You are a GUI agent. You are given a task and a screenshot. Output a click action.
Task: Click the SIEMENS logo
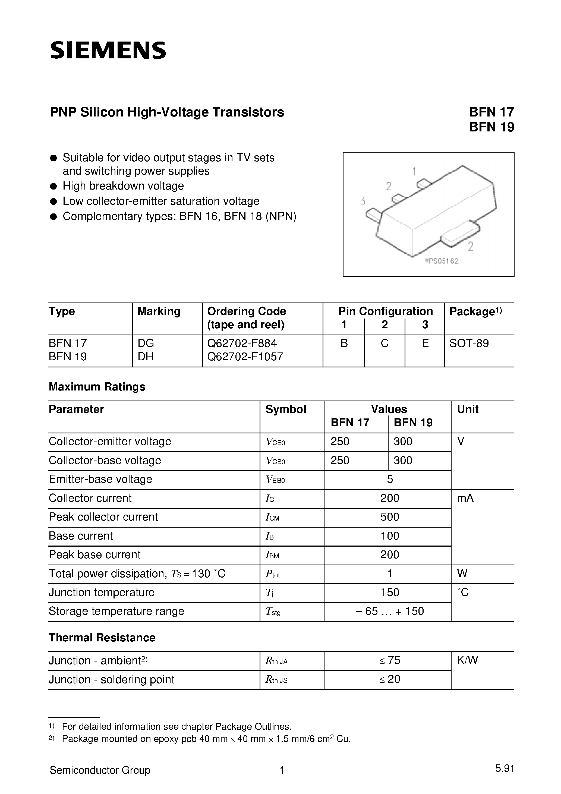click(108, 51)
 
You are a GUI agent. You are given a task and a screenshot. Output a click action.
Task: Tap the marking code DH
click(145, 357)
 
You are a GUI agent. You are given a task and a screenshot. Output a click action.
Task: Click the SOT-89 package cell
click(469, 344)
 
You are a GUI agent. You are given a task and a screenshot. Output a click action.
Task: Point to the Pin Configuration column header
click(385, 311)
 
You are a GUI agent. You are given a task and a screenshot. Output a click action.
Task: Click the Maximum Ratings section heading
click(97, 387)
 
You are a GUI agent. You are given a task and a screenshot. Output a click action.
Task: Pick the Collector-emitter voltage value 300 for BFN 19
click(403, 442)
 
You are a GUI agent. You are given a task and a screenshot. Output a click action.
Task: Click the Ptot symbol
click(273, 574)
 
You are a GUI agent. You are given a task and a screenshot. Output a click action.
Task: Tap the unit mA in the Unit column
click(465, 498)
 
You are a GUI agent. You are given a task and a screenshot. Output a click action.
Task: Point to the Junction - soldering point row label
click(111, 679)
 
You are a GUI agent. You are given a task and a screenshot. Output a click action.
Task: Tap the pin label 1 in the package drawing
click(414, 171)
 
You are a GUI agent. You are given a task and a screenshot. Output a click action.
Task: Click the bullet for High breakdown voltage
click(53, 186)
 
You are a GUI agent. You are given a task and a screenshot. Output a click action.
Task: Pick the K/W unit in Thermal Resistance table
click(467, 660)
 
